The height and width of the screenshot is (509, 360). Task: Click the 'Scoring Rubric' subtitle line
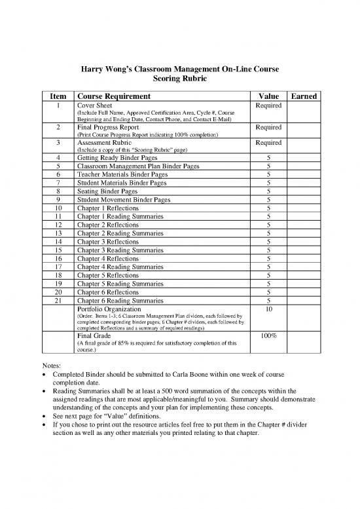click(179, 77)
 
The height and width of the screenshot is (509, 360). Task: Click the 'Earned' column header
click(304, 96)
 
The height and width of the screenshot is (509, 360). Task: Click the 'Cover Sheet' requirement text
click(95, 105)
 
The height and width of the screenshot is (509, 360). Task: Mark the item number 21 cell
click(59, 301)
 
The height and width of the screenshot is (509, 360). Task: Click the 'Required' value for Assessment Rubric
click(268, 142)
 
